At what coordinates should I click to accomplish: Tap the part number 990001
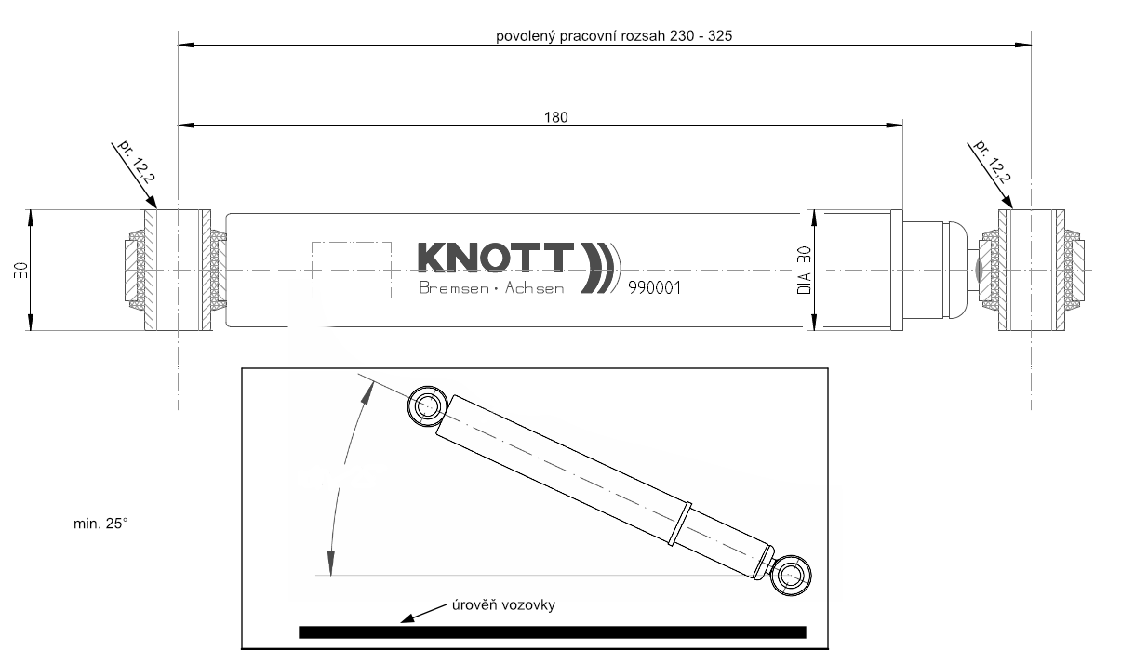point(654,287)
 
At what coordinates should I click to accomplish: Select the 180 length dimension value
point(555,117)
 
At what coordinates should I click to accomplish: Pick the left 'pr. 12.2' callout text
point(134,160)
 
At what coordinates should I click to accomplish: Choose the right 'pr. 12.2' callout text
point(992,160)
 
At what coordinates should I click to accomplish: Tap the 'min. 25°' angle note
point(100,524)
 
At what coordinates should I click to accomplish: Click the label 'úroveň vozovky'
point(503,605)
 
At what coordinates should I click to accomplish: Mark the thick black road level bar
point(552,631)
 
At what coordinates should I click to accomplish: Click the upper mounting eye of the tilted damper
point(428,405)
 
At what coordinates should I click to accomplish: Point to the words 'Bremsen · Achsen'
point(491,289)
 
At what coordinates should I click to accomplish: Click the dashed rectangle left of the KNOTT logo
point(351,269)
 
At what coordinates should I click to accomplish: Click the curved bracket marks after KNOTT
point(600,268)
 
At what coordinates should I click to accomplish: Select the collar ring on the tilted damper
point(682,523)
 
